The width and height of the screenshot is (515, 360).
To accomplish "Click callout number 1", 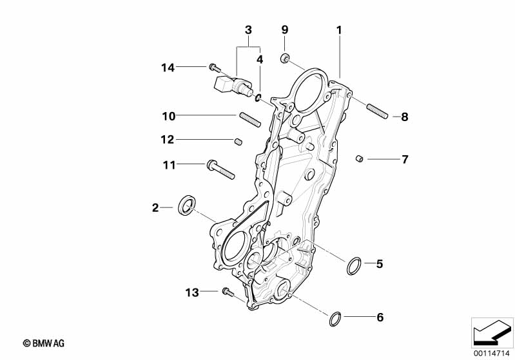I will click(339, 30).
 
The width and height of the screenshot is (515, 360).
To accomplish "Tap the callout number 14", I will click(168, 66).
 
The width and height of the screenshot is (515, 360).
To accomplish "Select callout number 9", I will click(285, 30).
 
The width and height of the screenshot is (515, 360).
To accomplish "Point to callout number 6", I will click(380, 317).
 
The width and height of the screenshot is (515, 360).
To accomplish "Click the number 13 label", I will click(191, 292).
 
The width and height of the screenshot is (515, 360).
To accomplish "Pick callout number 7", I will click(405, 159).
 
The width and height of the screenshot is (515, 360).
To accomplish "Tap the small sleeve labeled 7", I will click(360, 158).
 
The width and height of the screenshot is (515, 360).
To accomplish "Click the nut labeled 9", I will click(284, 59).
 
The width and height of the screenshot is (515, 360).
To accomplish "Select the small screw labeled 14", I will click(214, 67).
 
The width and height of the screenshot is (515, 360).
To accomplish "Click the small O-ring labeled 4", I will click(258, 98).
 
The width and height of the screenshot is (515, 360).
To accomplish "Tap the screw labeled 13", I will click(227, 292).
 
